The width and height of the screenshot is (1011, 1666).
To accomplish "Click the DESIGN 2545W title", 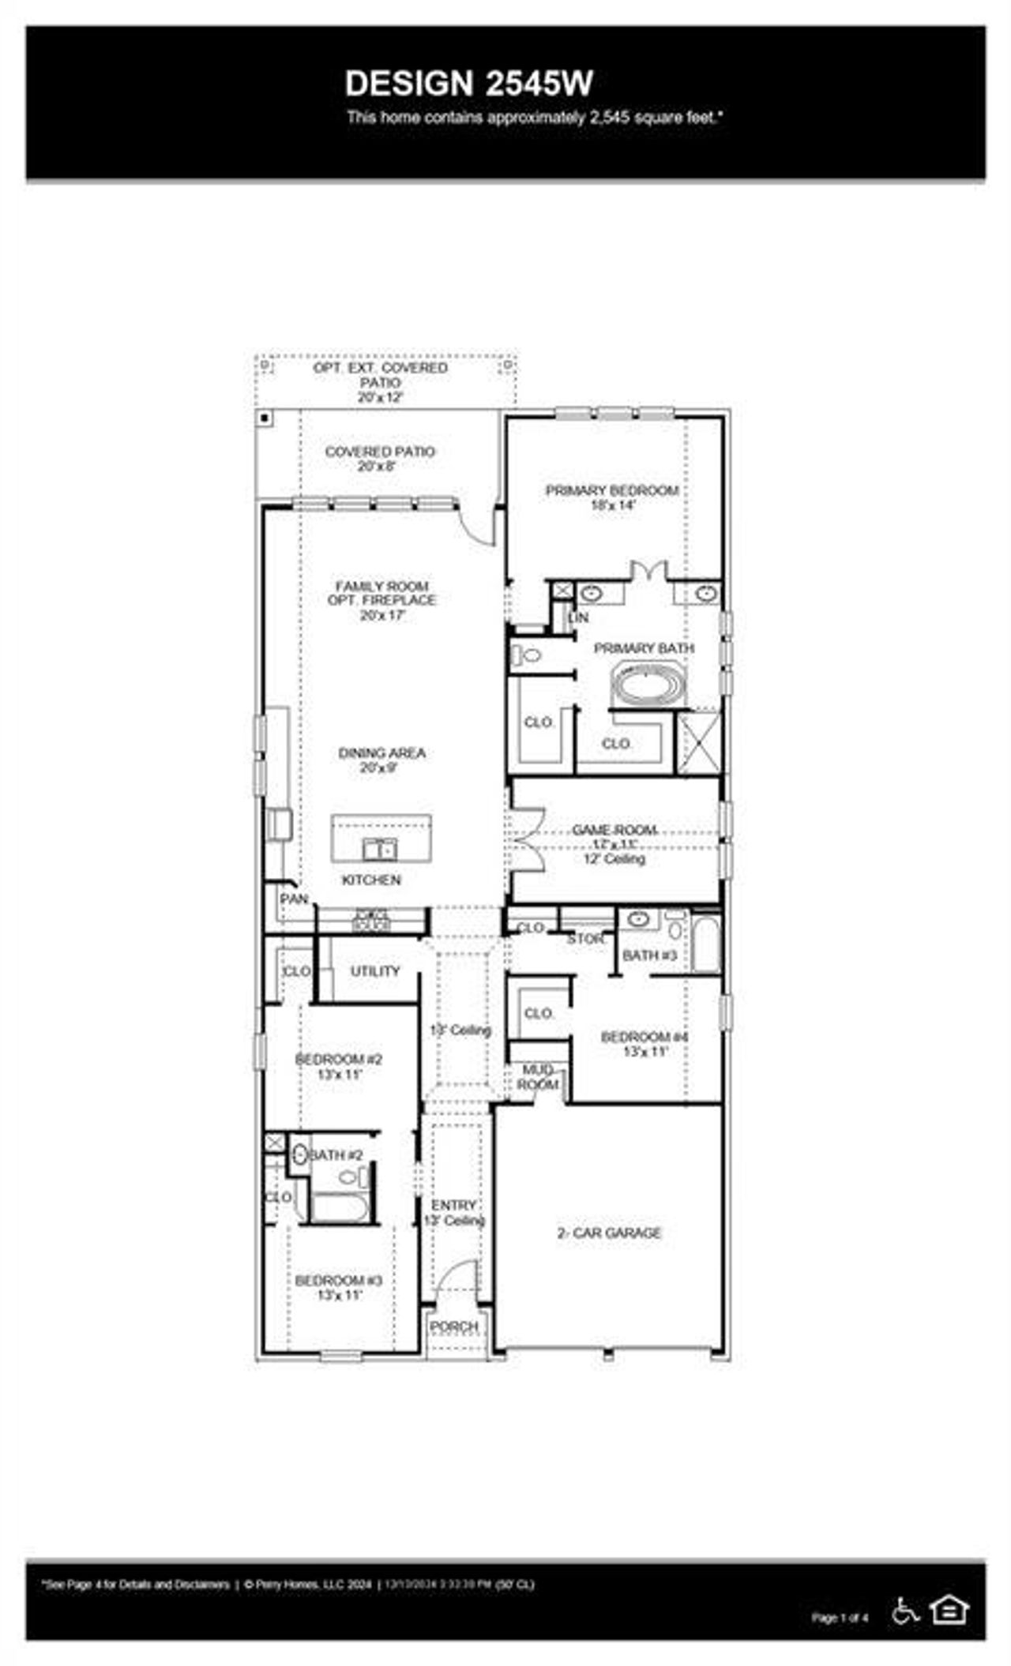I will tap(468, 83).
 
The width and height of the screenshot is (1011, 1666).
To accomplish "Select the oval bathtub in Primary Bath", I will tap(649, 685).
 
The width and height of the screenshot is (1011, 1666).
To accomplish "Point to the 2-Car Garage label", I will tap(609, 1233).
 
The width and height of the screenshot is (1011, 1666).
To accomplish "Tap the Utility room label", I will tap(375, 971).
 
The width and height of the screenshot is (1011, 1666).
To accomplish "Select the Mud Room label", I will tap(538, 1077).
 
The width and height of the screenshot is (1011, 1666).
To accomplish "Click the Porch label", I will tap(454, 1327).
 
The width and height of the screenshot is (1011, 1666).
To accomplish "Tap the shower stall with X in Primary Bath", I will tap(699, 741).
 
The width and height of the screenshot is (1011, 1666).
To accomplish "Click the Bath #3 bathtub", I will tap(706, 944).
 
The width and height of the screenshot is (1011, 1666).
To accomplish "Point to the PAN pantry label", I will tap(294, 899).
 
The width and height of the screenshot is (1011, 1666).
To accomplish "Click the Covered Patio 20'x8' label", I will tap(380, 458).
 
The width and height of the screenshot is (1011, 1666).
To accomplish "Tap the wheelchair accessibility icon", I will tap(905, 1611).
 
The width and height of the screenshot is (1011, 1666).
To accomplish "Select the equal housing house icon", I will tap(949, 1609).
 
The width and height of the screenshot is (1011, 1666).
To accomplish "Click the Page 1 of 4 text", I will tap(840, 1617).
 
